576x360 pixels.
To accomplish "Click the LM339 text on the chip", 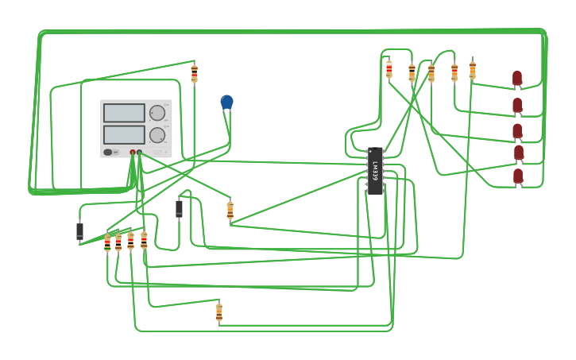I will pos(375,171).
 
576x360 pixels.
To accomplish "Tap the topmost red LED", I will pos(517,78).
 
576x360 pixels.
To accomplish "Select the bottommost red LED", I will pos(518,176).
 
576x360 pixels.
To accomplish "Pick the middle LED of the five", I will pos(517,130).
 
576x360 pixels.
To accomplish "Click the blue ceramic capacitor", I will pos(226,102).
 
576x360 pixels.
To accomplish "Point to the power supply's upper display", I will pos(124,113).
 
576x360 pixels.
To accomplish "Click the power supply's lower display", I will pos(124,134).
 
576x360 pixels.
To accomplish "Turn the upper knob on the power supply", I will pos(157,113).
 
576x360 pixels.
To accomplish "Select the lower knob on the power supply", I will pos(157,134).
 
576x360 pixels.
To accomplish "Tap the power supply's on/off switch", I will pos(108,152).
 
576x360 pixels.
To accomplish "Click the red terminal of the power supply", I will pos(133,153).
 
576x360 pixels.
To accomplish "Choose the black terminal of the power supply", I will pos(140,153).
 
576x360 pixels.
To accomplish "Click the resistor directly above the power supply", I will pos(194,73).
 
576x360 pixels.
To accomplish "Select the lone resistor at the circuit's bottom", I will pos(218,312).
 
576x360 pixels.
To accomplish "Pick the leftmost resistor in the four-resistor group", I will pos(107,242).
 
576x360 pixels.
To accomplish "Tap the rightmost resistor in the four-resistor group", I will pos(144,239).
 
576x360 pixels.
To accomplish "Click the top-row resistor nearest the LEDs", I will pos(472,70).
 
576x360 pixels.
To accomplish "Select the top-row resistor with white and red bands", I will pos(389,69).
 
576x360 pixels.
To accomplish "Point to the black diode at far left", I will pos(79,231).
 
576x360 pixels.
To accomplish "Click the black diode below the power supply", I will pos(179,208).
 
